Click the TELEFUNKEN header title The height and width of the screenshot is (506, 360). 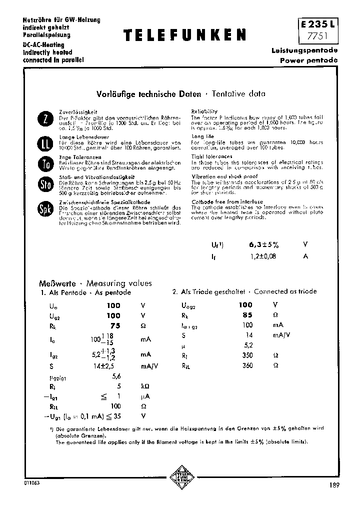click(x=184, y=34)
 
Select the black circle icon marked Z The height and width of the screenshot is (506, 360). click(x=45, y=119)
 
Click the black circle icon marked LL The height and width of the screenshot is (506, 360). click(x=45, y=143)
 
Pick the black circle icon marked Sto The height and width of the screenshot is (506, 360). click(x=45, y=185)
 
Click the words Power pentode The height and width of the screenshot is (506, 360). click(x=309, y=60)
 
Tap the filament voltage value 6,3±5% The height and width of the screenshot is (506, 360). click(x=263, y=246)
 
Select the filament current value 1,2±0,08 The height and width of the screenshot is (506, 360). click(x=262, y=256)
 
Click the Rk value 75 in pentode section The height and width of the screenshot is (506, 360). click(x=115, y=325)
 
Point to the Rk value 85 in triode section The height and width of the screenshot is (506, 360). click(x=247, y=315)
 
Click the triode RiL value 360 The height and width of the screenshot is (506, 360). click(x=247, y=365)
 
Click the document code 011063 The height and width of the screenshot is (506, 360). click(x=31, y=484)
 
